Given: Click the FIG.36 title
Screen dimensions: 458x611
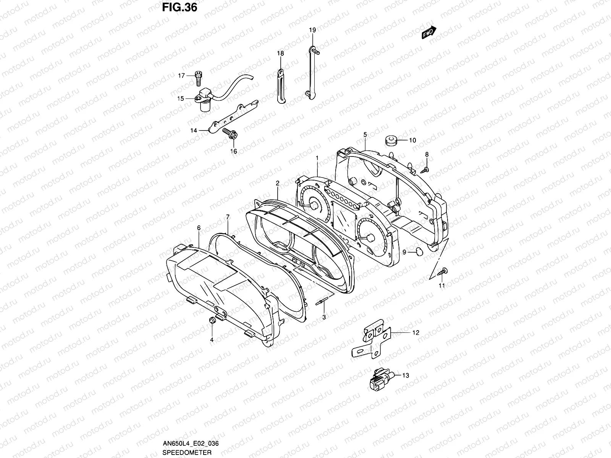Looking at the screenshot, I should (179, 7).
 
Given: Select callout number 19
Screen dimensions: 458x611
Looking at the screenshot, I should (312, 30).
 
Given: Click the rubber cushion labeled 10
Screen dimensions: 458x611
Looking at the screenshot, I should (391, 140).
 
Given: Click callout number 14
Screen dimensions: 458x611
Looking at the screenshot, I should (194, 131).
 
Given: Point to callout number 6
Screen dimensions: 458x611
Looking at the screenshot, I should (199, 227).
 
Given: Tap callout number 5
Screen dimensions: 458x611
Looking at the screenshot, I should (365, 134).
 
